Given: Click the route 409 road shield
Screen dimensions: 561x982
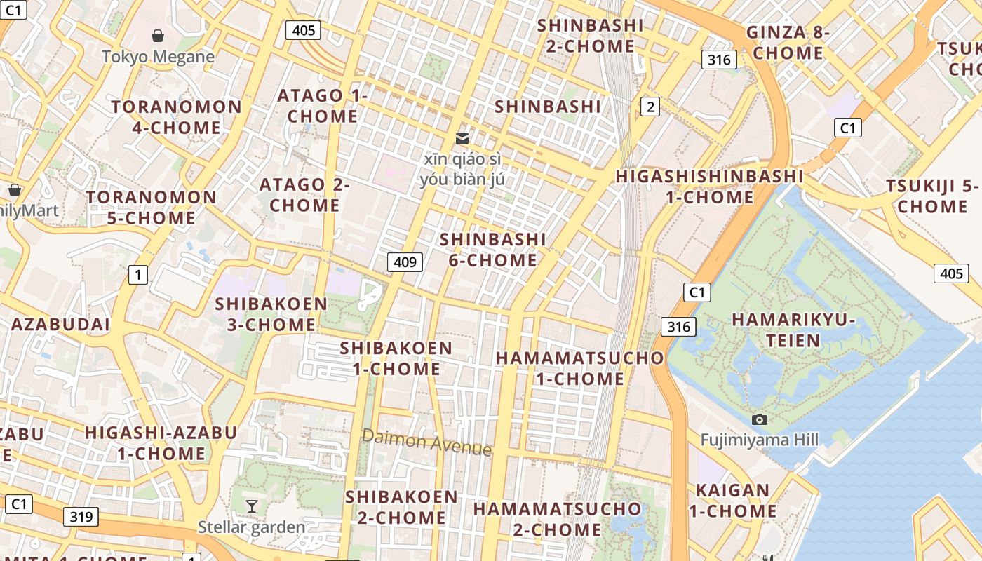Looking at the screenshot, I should pyautogui.click(x=405, y=262).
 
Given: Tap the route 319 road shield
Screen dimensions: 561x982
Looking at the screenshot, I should pyautogui.click(x=81, y=517).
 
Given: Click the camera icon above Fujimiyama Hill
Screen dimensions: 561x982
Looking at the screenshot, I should pyautogui.click(x=759, y=419).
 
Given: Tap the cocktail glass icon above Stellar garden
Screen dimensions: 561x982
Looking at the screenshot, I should pyautogui.click(x=251, y=506).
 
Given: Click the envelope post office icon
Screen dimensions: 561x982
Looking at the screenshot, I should pyautogui.click(x=462, y=138).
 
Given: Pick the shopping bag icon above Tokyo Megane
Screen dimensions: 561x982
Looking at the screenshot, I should pyautogui.click(x=158, y=35).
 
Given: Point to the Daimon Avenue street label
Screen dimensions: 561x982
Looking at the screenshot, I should pyautogui.click(x=426, y=442).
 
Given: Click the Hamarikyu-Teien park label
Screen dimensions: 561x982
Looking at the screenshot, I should pyautogui.click(x=793, y=330).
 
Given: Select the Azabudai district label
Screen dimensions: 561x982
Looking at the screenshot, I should pyautogui.click(x=60, y=324).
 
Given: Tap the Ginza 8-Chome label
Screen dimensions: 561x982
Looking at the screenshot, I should pyautogui.click(x=788, y=43).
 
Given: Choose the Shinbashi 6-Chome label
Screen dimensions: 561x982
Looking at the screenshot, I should pyautogui.click(x=492, y=250).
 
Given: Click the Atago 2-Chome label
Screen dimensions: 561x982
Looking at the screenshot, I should pyautogui.click(x=304, y=195).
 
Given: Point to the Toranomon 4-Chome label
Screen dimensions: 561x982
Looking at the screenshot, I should pyautogui.click(x=177, y=117).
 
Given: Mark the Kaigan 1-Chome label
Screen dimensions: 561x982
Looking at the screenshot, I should pyautogui.click(x=732, y=501).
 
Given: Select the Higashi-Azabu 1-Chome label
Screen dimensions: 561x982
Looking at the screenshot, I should pyautogui.click(x=161, y=443).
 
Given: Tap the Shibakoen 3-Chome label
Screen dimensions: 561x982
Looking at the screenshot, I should pyautogui.click(x=271, y=314).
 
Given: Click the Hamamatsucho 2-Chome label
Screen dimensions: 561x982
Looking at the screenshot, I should pyautogui.click(x=557, y=518).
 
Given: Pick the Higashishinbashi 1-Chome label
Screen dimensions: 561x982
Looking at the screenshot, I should pyautogui.click(x=709, y=187).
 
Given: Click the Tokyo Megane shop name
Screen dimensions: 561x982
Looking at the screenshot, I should pyautogui.click(x=158, y=57).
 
